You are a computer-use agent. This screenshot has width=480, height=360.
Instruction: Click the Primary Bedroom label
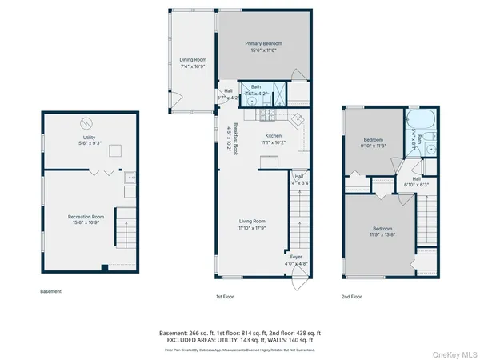tap(263, 46)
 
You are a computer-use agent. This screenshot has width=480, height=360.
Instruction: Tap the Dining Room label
tap(193, 62)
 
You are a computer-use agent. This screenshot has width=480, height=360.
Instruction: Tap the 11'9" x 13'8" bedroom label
tap(380, 231)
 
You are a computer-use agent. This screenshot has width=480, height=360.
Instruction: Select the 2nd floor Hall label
tap(416, 182)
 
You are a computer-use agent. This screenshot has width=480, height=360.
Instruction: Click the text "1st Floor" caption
tap(225, 297)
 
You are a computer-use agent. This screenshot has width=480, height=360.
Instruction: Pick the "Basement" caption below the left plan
tap(50, 291)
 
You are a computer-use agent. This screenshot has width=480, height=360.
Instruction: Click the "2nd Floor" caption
tap(351, 297)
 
